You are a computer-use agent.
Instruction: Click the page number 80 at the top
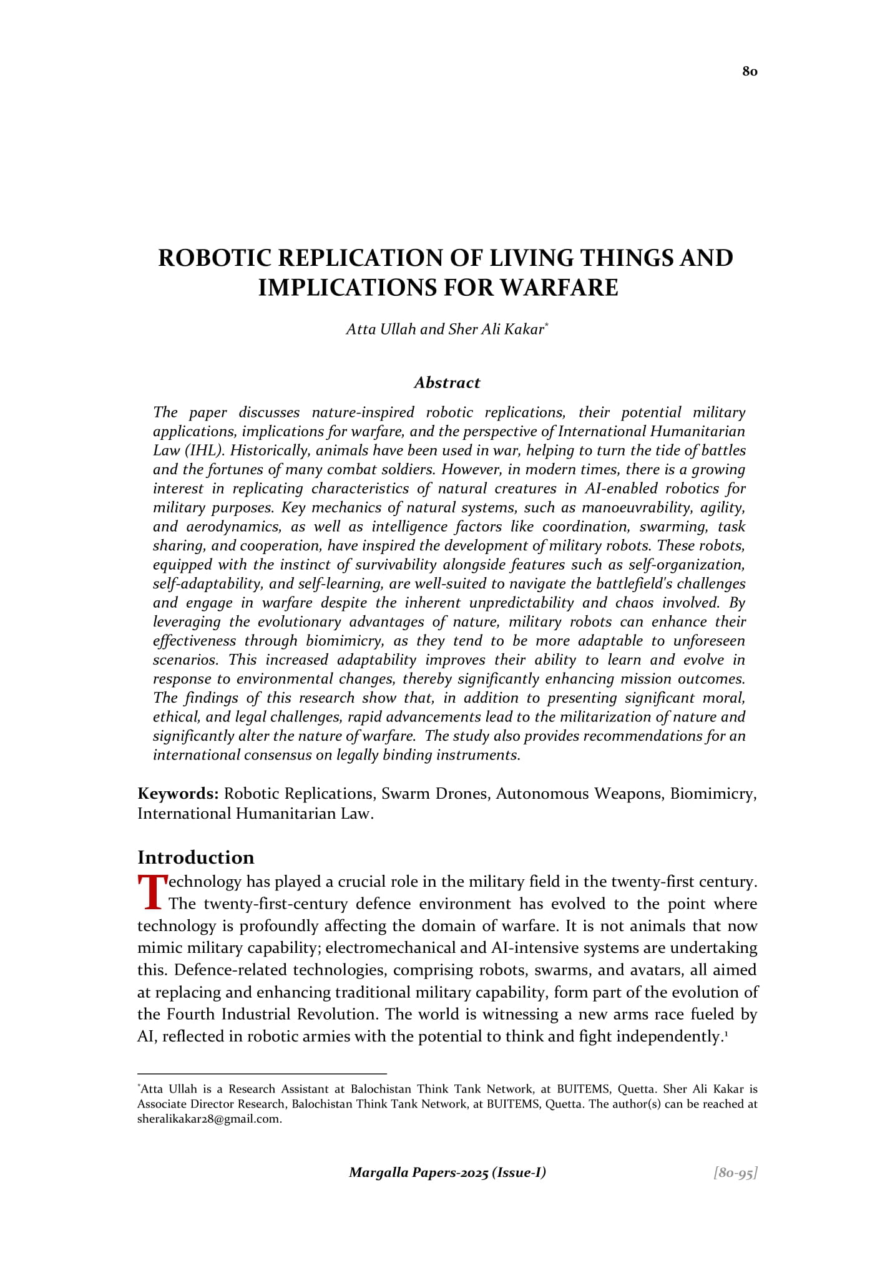(x=750, y=71)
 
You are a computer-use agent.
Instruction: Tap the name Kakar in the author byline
(x=527, y=329)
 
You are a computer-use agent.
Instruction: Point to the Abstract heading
(x=447, y=383)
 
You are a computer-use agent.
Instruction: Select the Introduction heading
(x=196, y=857)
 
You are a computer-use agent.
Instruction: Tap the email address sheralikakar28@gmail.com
(x=210, y=1119)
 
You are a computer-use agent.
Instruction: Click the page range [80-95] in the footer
(x=735, y=1173)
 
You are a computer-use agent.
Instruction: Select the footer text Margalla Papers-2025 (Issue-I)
(x=447, y=1173)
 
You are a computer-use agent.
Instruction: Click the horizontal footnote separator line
(x=262, y=1074)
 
